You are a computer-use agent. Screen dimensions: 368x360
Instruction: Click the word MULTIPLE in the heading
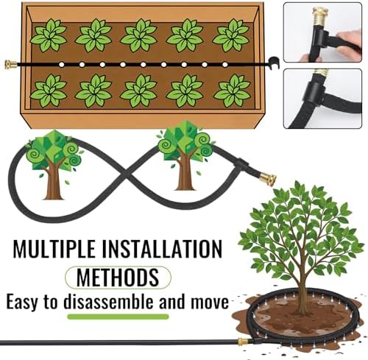tap(54, 248)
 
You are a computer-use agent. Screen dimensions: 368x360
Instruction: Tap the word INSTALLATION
tap(162, 248)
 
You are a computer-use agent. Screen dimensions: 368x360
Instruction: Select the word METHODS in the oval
tap(118, 278)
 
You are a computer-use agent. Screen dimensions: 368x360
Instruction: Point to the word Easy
tap(22, 303)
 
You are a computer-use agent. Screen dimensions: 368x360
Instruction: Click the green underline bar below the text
tap(118, 317)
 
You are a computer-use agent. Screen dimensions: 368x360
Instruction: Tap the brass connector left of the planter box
tap(11, 65)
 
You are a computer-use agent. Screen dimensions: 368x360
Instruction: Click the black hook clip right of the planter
tap(275, 63)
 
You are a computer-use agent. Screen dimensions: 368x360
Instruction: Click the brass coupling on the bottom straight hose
tap(244, 342)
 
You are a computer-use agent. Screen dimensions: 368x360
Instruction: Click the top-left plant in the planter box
tap(49, 35)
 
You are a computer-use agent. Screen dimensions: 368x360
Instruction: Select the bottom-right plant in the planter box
tap(232, 91)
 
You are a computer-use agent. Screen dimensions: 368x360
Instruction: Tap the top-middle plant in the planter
tap(139, 35)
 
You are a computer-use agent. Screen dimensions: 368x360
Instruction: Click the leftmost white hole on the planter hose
tap(62, 65)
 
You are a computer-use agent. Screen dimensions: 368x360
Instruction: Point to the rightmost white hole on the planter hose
tap(225, 65)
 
